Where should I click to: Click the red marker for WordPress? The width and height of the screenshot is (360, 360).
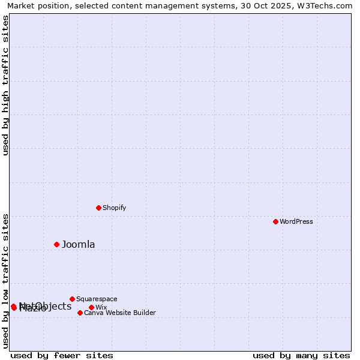[x=275, y=221]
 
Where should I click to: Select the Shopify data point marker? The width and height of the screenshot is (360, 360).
[x=98, y=208]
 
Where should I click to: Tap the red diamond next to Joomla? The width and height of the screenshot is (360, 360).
[x=57, y=244]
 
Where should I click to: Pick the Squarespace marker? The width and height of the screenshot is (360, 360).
[x=72, y=299]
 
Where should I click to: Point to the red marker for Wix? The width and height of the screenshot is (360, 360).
[x=91, y=307]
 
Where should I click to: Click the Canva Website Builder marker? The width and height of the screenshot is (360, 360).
[x=80, y=313]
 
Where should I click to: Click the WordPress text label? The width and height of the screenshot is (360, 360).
[x=296, y=221]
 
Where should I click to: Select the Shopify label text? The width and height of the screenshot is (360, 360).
[x=114, y=208]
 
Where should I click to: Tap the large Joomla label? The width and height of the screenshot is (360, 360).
[x=79, y=244]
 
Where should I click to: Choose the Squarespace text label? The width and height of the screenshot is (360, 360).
[x=97, y=299]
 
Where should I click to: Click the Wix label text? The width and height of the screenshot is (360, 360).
[x=101, y=307]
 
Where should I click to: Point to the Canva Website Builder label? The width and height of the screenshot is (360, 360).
[x=120, y=313]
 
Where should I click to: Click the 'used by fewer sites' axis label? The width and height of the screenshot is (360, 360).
[x=62, y=355]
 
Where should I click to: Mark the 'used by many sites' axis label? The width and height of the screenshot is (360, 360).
[x=301, y=355]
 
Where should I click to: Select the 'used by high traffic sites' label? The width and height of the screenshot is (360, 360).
[x=5, y=85]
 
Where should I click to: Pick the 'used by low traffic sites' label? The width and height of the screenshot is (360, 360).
[x=5, y=281]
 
